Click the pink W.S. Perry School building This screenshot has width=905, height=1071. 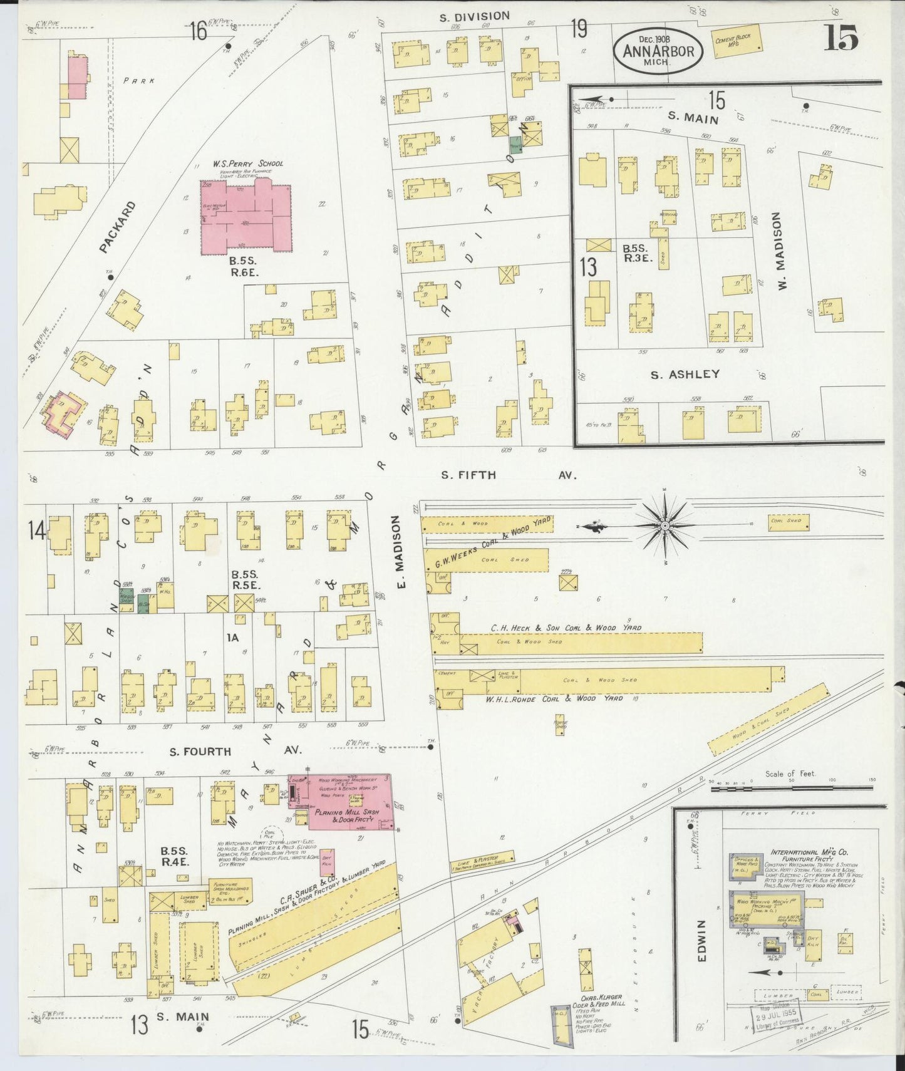[x=246, y=218]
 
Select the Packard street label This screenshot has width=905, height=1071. [x=117, y=227]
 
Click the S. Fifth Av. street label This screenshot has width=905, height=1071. [x=507, y=475]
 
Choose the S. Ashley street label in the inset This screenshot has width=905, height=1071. [x=685, y=375]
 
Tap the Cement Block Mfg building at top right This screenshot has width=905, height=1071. [x=738, y=41]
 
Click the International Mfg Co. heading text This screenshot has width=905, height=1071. [x=809, y=852]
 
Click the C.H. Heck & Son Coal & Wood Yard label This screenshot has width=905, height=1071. [x=566, y=628]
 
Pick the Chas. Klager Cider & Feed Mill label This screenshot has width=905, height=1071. [x=599, y=999]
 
